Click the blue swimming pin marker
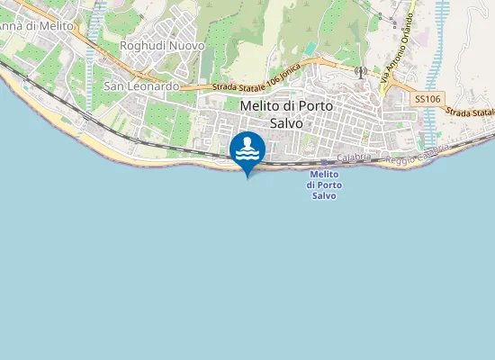tap(247, 150)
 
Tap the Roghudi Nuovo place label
tap(162, 45)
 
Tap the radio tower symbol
tap(360, 71)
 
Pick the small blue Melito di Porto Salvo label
tap(324, 184)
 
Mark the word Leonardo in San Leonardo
tap(157, 86)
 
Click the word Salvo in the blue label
tap(324, 195)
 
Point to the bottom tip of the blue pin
tap(247, 175)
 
